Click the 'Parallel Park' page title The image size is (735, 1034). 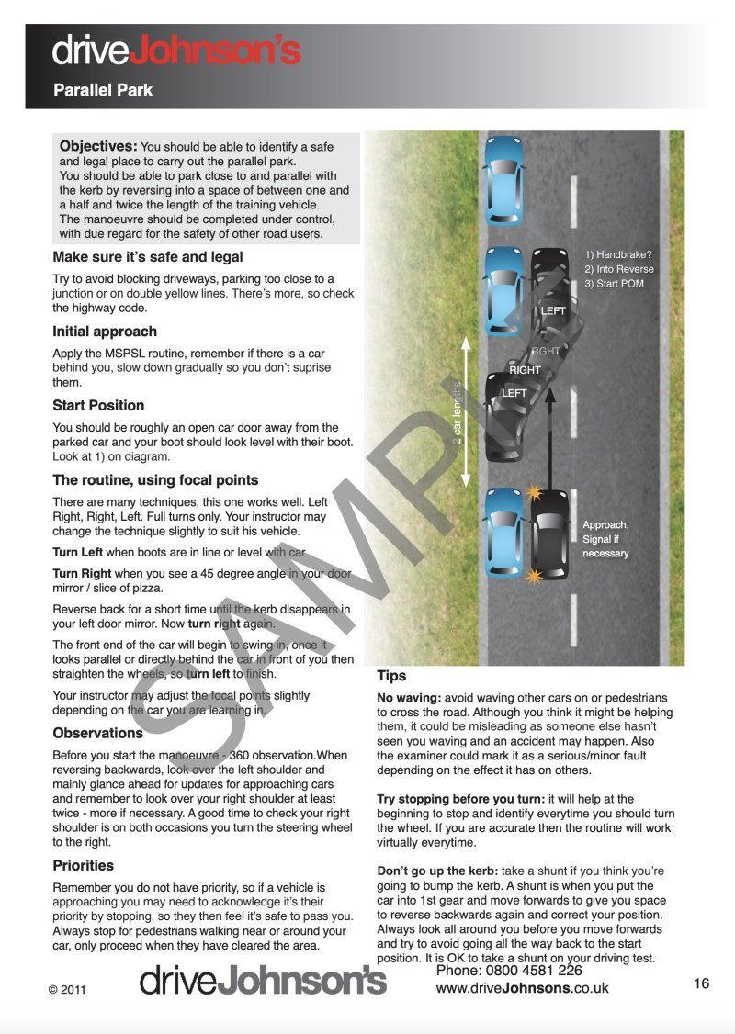click(x=103, y=90)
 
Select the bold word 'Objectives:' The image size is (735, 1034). click(x=98, y=146)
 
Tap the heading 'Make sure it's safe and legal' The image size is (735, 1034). click(x=148, y=257)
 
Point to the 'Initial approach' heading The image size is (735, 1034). click(x=105, y=332)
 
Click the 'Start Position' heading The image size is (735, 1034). click(x=98, y=405)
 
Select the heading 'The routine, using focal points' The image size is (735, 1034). click(x=155, y=479)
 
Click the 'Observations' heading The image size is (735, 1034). click(x=98, y=733)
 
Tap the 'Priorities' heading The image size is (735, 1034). click(x=84, y=865)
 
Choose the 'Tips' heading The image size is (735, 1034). click(x=391, y=676)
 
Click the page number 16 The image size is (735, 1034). click(x=701, y=983)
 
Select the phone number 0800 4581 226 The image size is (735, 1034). click(x=508, y=971)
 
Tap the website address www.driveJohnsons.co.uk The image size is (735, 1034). click(x=522, y=988)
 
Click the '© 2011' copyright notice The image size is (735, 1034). click(x=66, y=989)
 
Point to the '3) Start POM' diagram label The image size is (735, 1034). click(x=615, y=284)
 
